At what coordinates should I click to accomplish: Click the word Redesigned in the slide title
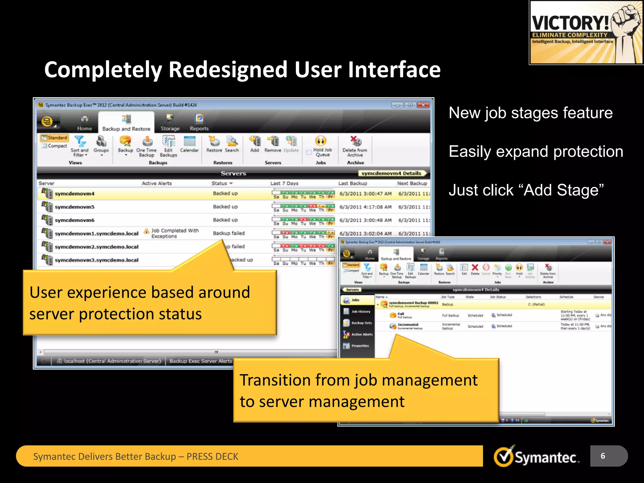tap(228, 70)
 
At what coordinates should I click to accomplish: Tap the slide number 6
tap(602, 456)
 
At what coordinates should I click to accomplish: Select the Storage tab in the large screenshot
tap(170, 123)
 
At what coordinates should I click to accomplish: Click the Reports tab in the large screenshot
tap(199, 123)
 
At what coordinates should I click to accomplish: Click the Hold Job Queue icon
tap(321, 141)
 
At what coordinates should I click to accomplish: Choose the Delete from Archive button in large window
tap(355, 146)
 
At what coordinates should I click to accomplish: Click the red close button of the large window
tap(423, 105)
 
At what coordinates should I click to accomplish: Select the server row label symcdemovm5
tap(75, 207)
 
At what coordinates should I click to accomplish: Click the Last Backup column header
tap(353, 183)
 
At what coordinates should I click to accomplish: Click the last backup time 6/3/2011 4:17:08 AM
tap(365, 207)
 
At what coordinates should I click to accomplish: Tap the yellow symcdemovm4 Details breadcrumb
tap(391, 173)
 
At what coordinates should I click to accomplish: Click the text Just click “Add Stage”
tap(526, 190)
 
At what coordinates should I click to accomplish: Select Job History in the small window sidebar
tap(360, 312)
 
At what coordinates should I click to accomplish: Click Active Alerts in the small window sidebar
tap(362, 334)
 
